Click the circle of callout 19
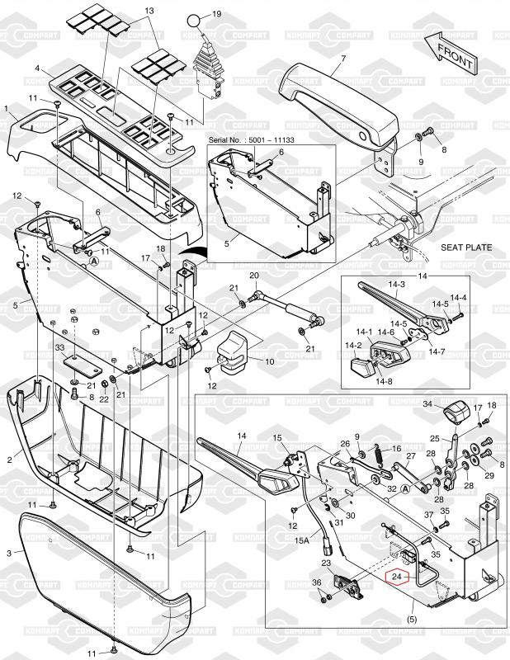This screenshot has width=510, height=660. [x=191, y=18]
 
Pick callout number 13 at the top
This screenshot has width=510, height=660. [x=149, y=12]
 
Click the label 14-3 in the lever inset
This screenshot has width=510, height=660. [x=397, y=285]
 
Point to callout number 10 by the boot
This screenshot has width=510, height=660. [x=268, y=361]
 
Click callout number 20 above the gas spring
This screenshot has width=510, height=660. [x=254, y=276]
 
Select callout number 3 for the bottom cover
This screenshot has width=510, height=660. [x=8, y=551]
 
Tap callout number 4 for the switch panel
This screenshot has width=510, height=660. [x=38, y=68]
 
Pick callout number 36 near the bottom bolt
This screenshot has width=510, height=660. [x=316, y=583]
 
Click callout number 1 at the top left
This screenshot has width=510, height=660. [x=7, y=108]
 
